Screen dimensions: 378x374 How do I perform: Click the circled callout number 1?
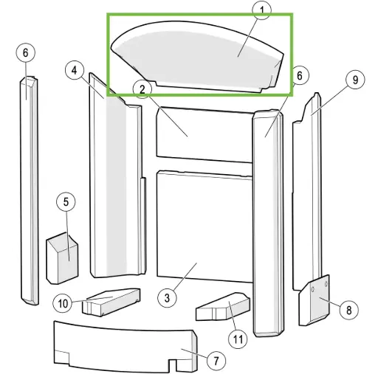(262, 10)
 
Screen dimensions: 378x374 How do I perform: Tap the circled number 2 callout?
(142, 89)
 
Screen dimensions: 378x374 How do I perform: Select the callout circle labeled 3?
(167, 298)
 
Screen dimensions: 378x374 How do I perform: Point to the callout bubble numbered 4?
(75, 70)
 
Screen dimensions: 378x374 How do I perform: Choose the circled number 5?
(66, 202)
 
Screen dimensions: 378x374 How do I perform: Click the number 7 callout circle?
(216, 361)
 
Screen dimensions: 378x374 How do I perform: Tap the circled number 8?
(348, 311)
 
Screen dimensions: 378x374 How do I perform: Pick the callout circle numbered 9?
(355, 80)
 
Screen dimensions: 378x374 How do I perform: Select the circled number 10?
(63, 303)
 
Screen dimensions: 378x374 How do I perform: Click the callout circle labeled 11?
(238, 339)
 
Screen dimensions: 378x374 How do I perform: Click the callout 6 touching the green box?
(299, 75)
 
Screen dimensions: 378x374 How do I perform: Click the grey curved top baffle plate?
(198, 57)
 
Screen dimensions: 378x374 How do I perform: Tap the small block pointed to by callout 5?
(62, 258)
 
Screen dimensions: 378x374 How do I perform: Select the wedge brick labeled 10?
(111, 302)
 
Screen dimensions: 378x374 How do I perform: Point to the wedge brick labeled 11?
(223, 307)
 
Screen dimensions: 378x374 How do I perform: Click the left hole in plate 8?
(313, 289)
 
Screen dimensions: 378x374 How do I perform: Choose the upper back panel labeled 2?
(205, 135)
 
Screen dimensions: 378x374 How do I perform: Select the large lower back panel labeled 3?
(205, 226)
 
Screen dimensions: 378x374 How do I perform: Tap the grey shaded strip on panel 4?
(116, 187)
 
